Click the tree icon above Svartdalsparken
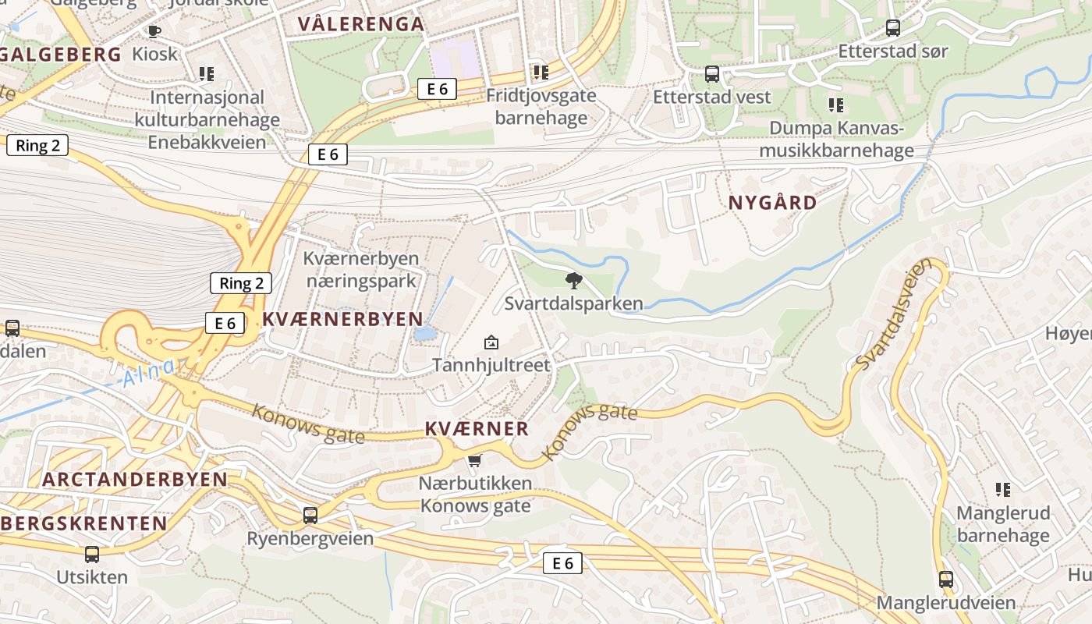pyautogui.click(x=574, y=281)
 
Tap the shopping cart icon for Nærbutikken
pyautogui.click(x=474, y=461)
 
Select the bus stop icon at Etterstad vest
pyautogui.click(x=711, y=74)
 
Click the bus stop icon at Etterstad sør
pyautogui.click(x=893, y=29)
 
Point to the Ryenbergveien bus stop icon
pyautogui.click(x=310, y=516)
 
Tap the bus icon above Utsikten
pyautogui.click(x=92, y=555)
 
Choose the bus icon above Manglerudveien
pyautogui.click(x=946, y=580)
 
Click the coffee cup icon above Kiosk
pyautogui.click(x=154, y=32)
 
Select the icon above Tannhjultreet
pyautogui.click(x=491, y=342)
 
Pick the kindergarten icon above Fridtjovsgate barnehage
pyautogui.click(x=541, y=73)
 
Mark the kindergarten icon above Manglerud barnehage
pyautogui.click(x=1003, y=490)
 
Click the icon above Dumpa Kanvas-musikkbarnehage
pyautogui.click(x=836, y=105)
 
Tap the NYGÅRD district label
pyautogui.click(x=772, y=203)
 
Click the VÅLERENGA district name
pyautogui.click(x=361, y=24)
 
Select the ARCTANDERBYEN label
pyautogui.click(x=135, y=479)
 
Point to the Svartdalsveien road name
pyautogui.click(x=894, y=314)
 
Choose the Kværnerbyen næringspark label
pyautogui.click(x=361, y=269)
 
